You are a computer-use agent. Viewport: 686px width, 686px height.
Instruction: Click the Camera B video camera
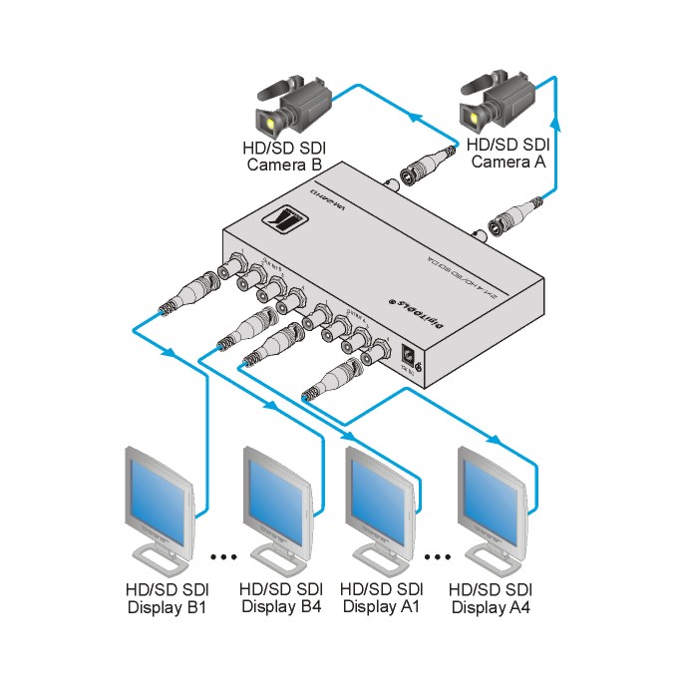point(294,106)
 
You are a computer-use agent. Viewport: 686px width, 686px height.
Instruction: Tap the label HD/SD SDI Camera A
point(508,153)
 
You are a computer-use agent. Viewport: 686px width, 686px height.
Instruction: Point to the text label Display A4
point(491,605)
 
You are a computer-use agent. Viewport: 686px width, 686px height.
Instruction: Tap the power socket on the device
point(409,355)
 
